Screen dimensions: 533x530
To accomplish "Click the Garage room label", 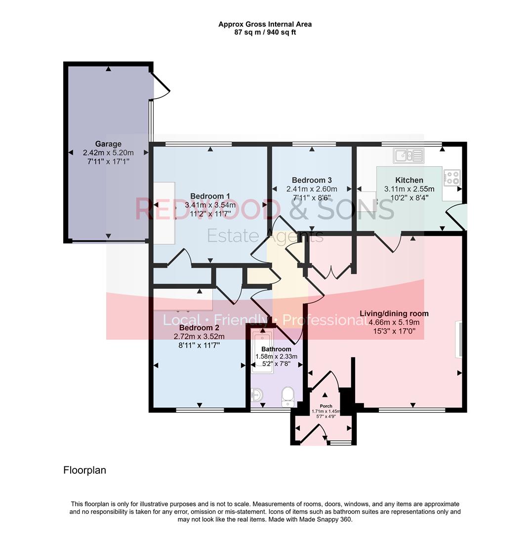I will [108, 144].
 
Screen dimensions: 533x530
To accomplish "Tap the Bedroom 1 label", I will [210, 196].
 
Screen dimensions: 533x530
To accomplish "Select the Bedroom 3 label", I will [312, 180].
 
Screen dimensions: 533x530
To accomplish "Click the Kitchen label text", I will [409, 180].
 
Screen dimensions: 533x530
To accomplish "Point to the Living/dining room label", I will [394, 313].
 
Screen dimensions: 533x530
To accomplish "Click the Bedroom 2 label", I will [199, 328].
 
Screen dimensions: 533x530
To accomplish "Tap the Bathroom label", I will [276, 349].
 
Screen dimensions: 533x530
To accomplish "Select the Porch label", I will [326, 406].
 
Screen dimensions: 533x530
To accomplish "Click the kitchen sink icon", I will [408, 156].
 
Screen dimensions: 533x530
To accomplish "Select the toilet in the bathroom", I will [287, 396].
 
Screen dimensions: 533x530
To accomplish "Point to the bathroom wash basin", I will [257, 395].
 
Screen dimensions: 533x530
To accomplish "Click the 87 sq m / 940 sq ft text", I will [265, 33].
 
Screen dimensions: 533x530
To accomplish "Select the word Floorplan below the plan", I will [84, 470].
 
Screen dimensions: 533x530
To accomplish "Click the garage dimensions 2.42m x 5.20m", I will [108, 153].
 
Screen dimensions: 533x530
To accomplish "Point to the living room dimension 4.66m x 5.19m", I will [394, 322].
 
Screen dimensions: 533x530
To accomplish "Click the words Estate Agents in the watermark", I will [265, 236].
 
